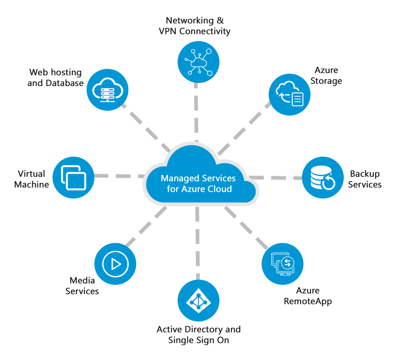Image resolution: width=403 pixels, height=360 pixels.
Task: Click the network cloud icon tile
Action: (x=198, y=61)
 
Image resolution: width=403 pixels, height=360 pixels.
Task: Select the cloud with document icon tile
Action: (x=289, y=94)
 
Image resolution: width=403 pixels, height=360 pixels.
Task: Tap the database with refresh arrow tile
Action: (x=323, y=177)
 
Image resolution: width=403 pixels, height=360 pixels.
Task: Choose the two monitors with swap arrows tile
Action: (x=282, y=264)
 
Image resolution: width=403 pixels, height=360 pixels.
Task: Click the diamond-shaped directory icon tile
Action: (x=198, y=300)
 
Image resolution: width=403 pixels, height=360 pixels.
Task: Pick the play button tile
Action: (x=115, y=264)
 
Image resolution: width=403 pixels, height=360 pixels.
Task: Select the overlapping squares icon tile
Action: (x=73, y=177)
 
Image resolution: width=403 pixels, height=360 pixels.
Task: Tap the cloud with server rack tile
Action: (x=107, y=89)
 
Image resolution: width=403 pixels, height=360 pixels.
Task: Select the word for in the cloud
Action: (x=172, y=189)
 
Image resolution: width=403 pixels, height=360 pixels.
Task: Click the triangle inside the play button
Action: (x=116, y=264)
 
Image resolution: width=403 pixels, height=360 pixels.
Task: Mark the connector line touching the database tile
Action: (x=293, y=175)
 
